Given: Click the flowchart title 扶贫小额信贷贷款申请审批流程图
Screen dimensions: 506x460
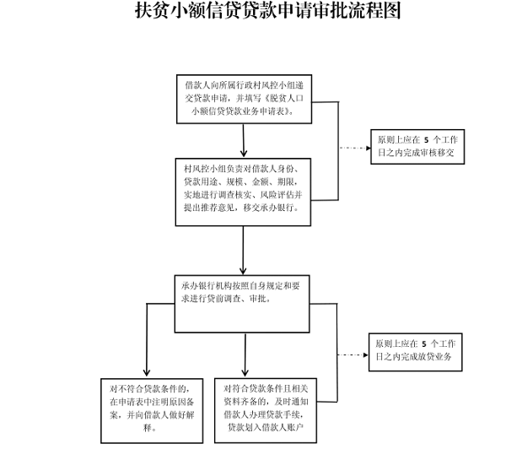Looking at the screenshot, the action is coord(268,10).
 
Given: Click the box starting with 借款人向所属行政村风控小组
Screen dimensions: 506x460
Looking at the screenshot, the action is coord(244,99).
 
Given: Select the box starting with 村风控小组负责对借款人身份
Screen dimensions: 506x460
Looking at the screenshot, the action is coord(243,192).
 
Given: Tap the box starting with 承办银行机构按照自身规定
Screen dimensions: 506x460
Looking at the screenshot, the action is coord(242,304).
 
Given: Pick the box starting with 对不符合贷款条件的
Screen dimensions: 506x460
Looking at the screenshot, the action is coord(152,410).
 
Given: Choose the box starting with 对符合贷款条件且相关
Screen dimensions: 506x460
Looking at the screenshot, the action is coord(266,410).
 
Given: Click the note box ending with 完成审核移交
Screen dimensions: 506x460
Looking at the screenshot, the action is coord(417,147).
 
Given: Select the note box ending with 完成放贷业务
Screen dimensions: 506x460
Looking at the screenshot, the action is coord(415,352).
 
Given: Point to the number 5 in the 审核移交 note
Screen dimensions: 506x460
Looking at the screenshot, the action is coord(426,140).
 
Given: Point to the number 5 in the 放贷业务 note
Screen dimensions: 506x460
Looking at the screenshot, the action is coord(424,344).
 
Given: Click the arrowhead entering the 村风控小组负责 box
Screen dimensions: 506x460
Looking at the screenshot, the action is coord(244,154).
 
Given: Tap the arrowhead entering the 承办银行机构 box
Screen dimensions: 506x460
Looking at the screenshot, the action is coord(243,270).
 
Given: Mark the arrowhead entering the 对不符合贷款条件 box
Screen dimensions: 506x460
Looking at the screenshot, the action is coord(147,372).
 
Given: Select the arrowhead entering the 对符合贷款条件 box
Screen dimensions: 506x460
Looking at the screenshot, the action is coord(245,372).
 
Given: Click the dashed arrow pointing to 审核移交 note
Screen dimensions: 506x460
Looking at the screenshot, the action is coord(355,148).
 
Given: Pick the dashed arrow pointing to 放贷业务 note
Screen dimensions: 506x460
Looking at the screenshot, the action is coord(353,355).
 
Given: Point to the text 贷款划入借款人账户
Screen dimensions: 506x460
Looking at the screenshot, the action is coord(266,427).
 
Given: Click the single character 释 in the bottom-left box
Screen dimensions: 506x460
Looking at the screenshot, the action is coord(148,428).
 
